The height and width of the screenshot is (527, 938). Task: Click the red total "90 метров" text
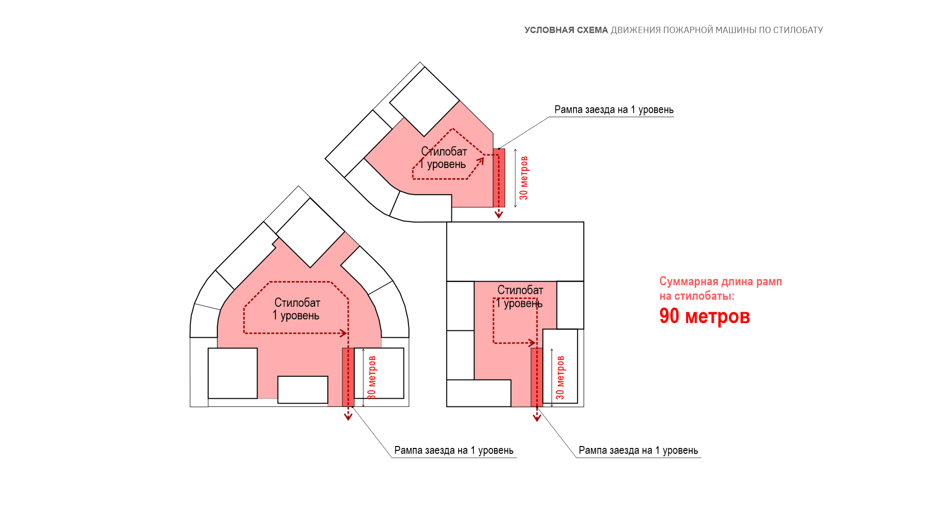704,316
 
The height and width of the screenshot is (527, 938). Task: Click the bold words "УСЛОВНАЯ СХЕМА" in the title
566,30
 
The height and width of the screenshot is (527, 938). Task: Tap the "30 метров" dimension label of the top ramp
524,178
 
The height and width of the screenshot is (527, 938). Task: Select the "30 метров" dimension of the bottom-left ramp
372,378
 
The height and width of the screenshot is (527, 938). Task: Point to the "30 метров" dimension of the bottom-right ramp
560,378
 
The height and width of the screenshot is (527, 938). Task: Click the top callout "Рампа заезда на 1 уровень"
614,110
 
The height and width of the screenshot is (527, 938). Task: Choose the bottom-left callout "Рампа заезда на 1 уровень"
454,450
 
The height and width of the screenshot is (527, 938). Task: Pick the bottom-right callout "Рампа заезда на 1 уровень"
639,450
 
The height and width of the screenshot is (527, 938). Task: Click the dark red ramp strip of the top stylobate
499,178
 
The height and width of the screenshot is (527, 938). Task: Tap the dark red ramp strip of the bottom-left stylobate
348,377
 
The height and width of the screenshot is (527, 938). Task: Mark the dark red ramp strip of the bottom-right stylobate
537,377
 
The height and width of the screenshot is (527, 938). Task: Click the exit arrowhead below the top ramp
499,214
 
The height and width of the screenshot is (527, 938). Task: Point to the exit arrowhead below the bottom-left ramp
348,416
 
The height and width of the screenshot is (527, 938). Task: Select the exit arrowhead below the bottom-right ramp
537,417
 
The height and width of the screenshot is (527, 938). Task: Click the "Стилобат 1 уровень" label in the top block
443,158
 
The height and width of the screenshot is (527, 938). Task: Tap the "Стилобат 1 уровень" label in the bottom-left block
297,309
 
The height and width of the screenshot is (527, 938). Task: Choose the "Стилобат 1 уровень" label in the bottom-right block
519,297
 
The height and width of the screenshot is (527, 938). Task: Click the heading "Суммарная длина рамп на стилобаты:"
721,288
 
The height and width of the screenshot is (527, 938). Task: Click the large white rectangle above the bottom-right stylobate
515,252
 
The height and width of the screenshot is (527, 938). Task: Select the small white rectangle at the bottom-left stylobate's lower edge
303,390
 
